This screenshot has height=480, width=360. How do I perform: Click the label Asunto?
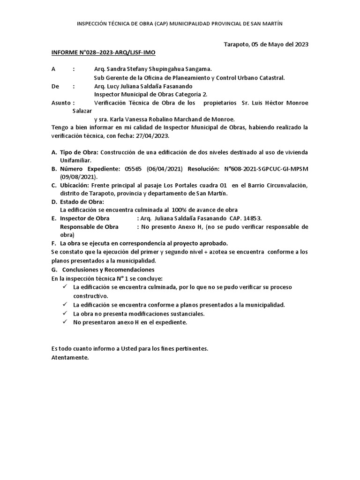click(x=61, y=103)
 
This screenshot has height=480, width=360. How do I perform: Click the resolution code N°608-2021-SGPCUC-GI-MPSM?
click(x=265, y=169)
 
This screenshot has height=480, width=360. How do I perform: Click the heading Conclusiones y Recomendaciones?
click(x=108, y=270)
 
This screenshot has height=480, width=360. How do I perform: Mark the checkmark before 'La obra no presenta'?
click(x=65, y=314)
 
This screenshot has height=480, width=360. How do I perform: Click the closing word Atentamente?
click(x=69, y=358)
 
